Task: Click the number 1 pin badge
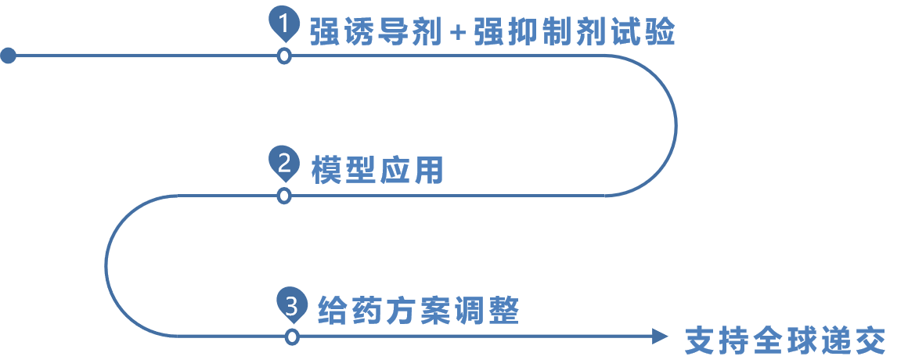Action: [284, 24]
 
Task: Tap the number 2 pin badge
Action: [284, 164]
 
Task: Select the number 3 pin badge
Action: [292, 304]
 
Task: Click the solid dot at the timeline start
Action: [8, 56]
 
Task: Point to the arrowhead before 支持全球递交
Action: [661, 337]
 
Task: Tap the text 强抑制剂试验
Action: [574, 34]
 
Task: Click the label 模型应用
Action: [377, 171]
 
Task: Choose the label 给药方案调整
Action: [419, 311]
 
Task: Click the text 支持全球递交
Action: [785, 341]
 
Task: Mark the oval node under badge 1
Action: [284, 56]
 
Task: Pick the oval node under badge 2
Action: [284, 196]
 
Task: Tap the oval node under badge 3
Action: [292, 337]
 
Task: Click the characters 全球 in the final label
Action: [785, 341]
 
